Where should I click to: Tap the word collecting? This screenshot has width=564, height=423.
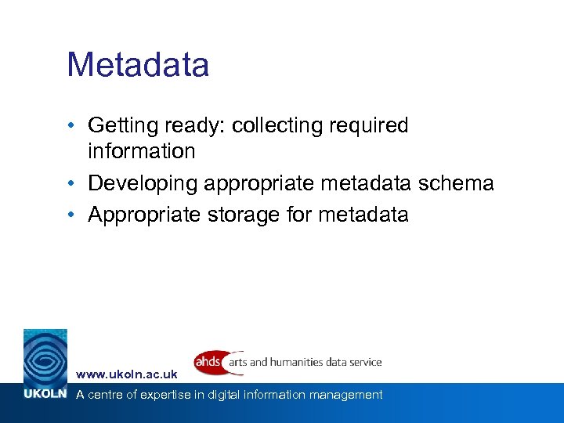270,125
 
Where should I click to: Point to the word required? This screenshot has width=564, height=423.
371,125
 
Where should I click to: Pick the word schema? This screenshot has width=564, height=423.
456,183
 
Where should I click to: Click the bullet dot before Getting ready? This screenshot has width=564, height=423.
71,126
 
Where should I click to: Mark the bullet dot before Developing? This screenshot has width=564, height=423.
71,184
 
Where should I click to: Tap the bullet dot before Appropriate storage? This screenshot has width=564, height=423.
71,215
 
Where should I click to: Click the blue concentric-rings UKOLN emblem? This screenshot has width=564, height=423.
45,356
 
